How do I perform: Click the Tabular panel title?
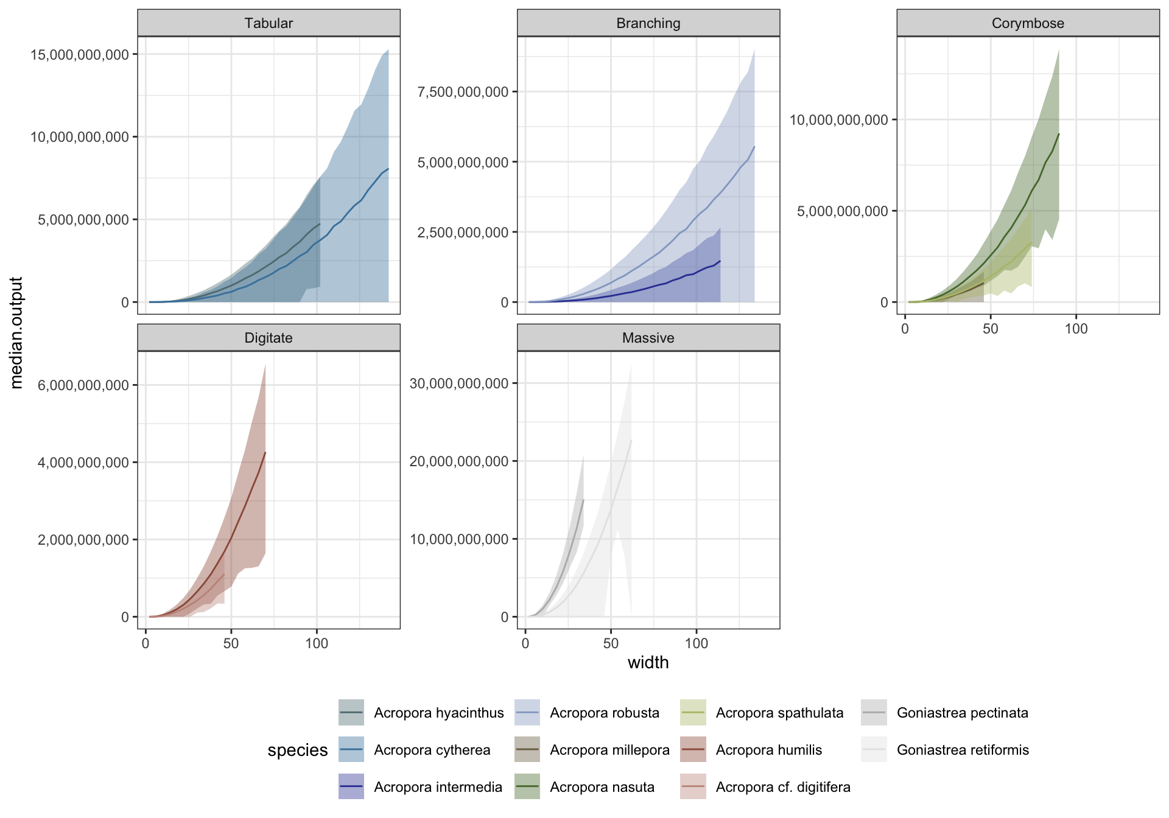(269, 23)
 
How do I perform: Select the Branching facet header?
(648, 23)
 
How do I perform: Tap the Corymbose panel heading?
(1028, 23)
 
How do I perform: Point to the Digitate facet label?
(269, 338)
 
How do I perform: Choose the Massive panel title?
(648, 338)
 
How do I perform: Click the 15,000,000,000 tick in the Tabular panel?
(80, 55)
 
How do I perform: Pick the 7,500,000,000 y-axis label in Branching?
(463, 92)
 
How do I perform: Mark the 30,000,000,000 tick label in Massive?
(459, 383)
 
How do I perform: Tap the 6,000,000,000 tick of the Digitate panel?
(83, 385)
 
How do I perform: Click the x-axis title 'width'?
(648, 662)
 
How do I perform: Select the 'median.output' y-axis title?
(16, 332)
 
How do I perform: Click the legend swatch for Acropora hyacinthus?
(351, 713)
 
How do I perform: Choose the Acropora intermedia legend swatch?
(351, 786)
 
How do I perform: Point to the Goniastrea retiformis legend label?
(963, 750)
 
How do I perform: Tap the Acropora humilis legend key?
(693, 750)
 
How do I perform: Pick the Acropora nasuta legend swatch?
(527, 786)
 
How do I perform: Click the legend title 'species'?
(298, 750)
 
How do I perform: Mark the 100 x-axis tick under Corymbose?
(1076, 329)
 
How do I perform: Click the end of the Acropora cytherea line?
(388, 169)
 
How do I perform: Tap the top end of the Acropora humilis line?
(265, 452)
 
